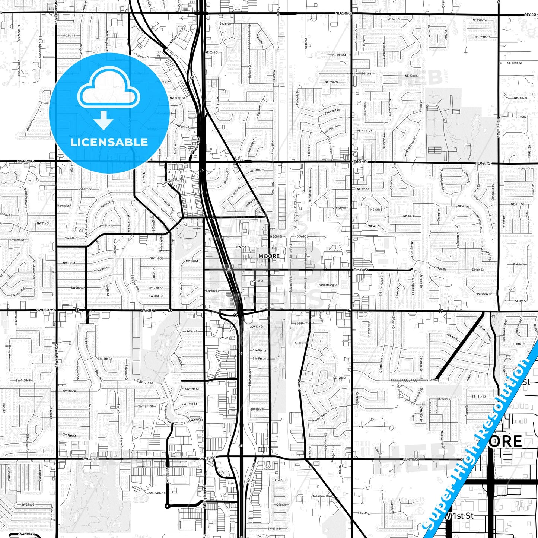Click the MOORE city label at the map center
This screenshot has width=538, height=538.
[269, 256]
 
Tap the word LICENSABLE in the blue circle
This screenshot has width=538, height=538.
[109, 142]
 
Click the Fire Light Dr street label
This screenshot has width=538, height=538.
[332, 111]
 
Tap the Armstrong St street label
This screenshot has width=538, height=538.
[328, 285]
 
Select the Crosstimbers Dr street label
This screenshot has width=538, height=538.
[321, 416]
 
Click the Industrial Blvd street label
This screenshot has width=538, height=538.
[322, 496]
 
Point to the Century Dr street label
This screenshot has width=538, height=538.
[339, 208]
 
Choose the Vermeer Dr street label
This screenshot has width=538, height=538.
[142, 57]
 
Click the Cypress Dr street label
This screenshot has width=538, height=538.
[17, 240]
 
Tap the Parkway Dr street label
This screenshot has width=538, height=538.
[484, 294]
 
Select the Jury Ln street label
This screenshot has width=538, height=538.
[362, 426]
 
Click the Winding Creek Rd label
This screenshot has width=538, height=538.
[411, 146]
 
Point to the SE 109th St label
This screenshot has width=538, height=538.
[514, 63]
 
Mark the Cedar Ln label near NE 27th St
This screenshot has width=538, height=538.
[225, 23]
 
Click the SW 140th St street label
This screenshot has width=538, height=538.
[23, 381]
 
